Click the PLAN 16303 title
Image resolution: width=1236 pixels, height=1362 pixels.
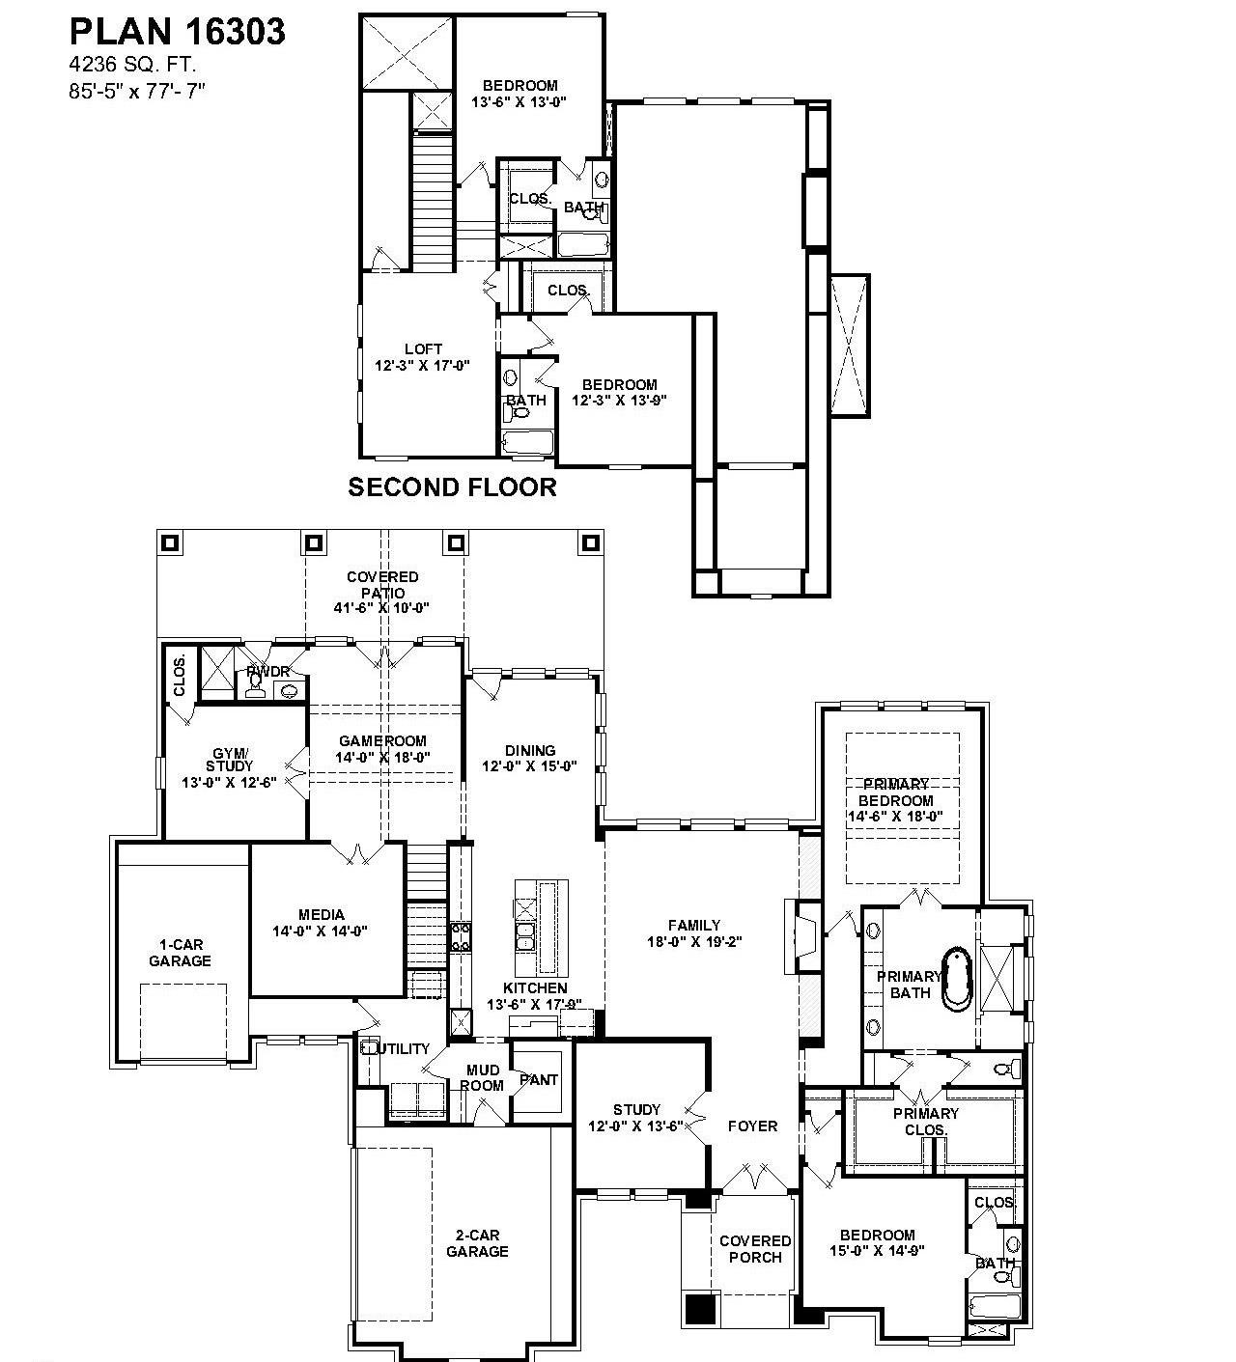click(x=177, y=32)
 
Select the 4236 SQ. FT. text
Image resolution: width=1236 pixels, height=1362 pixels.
click(x=132, y=66)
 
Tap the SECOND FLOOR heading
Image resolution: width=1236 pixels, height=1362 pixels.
click(x=452, y=487)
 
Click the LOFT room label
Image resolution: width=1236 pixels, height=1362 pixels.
click(x=423, y=357)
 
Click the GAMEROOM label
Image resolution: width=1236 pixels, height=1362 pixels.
click(x=382, y=749)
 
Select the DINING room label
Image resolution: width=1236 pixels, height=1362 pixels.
click(x=530, y=758)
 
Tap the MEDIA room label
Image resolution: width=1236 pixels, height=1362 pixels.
click(x=321, y=923)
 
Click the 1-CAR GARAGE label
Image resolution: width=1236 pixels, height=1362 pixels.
click(x=180, y=953)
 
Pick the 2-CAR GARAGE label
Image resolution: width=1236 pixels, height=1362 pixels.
click(x=477, y=1243)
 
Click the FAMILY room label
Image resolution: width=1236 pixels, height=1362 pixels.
click(x=694, y=932)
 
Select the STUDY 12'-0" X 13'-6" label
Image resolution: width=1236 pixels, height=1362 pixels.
click(x=636, y=1117)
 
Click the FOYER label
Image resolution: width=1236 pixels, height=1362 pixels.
click(x=752, y=1126)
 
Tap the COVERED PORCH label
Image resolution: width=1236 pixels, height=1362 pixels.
click(x=755, y=1249)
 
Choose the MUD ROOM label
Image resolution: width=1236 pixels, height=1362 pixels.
click(x=483, y=1077)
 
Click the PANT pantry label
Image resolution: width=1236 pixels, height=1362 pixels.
click(x=539, y=1079)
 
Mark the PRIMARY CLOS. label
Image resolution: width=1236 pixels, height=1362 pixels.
click(x=927, y=1121)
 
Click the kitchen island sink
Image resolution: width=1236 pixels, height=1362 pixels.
click(x=525, y=934)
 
